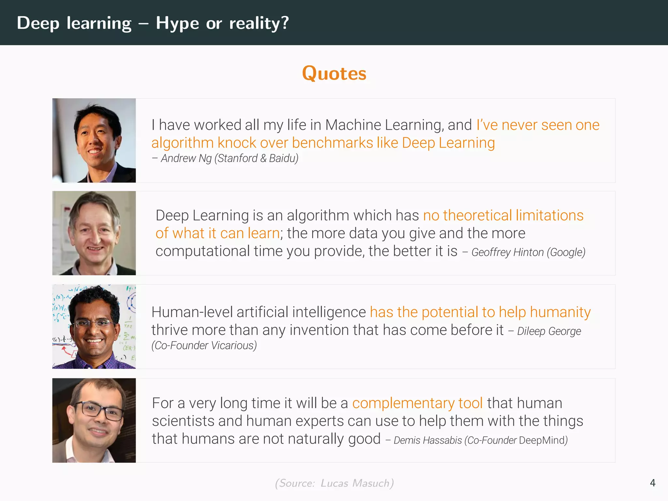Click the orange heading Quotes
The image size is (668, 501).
tap(334, 73)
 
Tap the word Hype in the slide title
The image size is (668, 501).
tap(177, 23)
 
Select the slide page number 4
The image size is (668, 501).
tap(652, 483)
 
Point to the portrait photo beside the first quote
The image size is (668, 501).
tap(94, 140)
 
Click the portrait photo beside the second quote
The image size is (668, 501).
tap(94, 233)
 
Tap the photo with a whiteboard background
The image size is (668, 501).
tap(94, 326)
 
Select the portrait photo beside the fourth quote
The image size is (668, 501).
tap(94, 420)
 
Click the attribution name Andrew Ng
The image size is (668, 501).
tap(186, 158)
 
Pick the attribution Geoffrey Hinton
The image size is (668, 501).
tap(507, 252)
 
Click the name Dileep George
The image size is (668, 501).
tap(549, 331)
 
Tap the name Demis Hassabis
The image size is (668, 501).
tap(427, 440)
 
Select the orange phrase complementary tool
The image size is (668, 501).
tap(417, 403)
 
